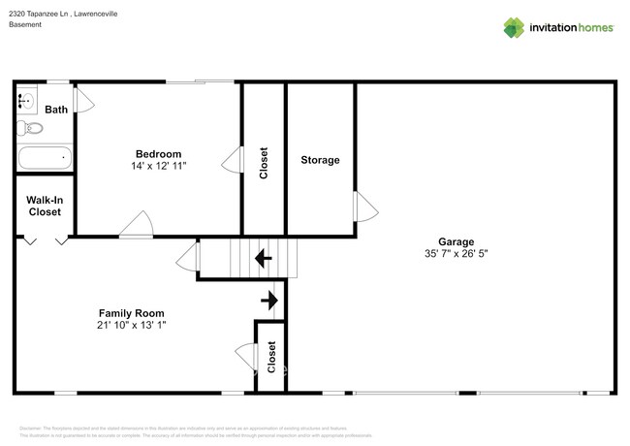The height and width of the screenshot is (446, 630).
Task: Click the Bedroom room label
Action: (x=158, y=153)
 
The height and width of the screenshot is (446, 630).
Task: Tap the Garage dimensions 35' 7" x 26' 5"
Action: (x=455, y=254)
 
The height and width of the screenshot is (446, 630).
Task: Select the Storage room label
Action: (x=320, y=160)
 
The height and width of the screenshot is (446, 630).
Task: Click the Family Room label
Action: (x=131, y=313)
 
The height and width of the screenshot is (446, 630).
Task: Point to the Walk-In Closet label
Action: (x=45, y=205)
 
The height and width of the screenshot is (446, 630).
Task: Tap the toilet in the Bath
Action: (x=30, y=128)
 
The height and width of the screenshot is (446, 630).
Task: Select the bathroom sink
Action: (x=25, y=101)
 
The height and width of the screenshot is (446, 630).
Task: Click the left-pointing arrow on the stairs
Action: (x=262, y=259)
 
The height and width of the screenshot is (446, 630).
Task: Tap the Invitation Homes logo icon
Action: (x=514, y=27)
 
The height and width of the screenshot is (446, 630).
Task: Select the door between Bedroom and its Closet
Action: (x=232, y=161)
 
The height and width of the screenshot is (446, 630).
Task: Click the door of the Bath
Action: (x=83, y=101)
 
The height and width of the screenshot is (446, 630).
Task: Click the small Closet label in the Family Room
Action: (x=271, y=357)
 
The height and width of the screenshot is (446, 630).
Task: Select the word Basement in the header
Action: (x=25, y=24)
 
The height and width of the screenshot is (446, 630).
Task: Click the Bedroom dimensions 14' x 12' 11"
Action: (x=158, y=166)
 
